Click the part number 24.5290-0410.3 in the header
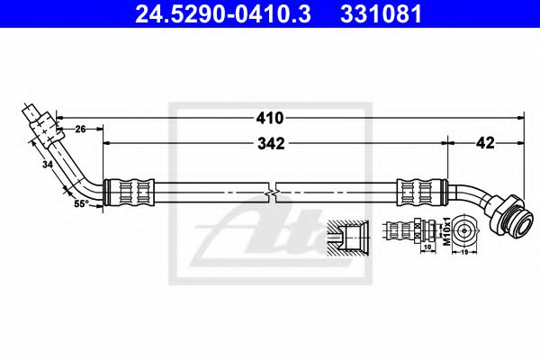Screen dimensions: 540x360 click(x=223, y=14)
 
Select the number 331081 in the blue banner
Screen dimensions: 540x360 click(x=381, y=14)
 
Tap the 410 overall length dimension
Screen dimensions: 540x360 click(x=270, y=118)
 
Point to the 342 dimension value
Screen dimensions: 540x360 click(x=272, y=144)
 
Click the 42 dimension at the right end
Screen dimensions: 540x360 click(x=485, y=142)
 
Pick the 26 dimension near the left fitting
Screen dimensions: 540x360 click(x=80, y=130)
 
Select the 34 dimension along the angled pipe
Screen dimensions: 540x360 click(x=48, y=165)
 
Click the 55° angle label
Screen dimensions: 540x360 click(x=80, y=203)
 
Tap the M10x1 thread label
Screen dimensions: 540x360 click(x=446, y=231)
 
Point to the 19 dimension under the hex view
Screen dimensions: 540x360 click(x=464, y=252)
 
